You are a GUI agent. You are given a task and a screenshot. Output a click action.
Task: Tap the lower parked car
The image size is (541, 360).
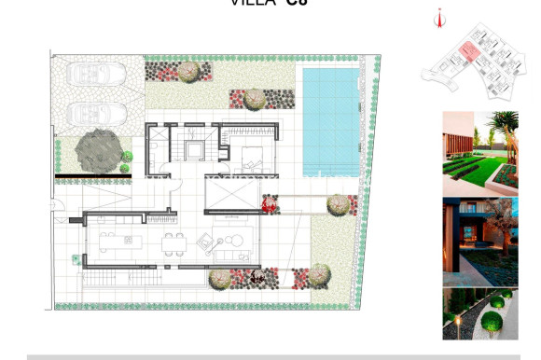coord(97,113)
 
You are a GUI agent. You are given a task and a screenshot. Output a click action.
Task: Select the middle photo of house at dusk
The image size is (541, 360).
coord(479,241)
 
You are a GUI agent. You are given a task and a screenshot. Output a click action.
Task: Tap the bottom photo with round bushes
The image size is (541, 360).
coord(479,313)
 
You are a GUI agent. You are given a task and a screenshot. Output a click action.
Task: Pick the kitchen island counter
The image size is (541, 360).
coord(119,245)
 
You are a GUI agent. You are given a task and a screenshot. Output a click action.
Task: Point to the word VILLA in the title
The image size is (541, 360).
coord(252,3)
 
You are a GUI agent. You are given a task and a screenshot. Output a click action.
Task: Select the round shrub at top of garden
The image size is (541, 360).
coord(189,70)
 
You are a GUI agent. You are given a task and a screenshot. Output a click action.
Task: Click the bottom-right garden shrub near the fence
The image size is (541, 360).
coord(320,273)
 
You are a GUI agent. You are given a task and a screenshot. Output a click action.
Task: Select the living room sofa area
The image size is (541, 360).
coord(231,244)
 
